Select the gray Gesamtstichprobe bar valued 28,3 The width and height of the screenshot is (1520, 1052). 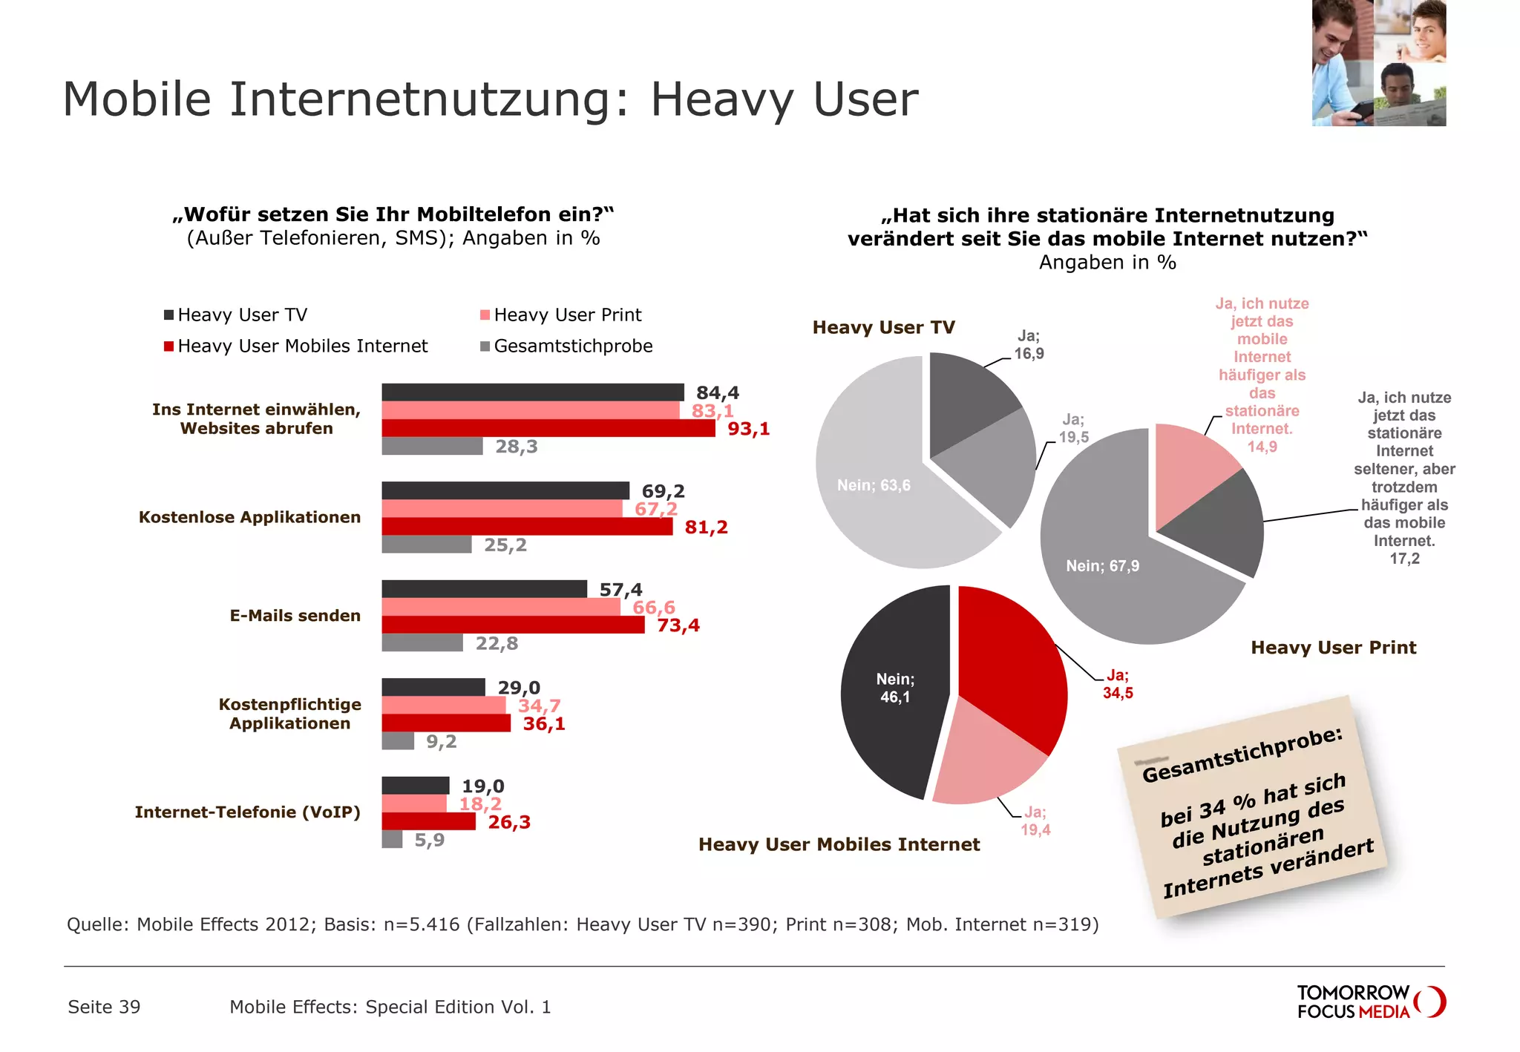coord(432,446)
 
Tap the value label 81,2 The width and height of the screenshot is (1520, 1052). coord(706,527)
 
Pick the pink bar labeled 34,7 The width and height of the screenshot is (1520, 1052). coord(443,705)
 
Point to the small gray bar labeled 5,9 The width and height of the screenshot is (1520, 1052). coord(392,839)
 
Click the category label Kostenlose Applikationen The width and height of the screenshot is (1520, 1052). coord(249,517)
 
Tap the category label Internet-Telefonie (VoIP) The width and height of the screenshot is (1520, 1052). coord(247,812)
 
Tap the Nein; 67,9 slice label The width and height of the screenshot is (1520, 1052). coord(1102,566)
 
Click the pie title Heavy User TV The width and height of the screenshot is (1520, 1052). coord(883,327)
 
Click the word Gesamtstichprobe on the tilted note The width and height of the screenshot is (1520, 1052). coord(1242,755)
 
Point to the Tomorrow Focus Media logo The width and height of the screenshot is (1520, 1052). coord(1370,1002)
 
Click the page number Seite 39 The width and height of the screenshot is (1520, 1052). coord(104,1007)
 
